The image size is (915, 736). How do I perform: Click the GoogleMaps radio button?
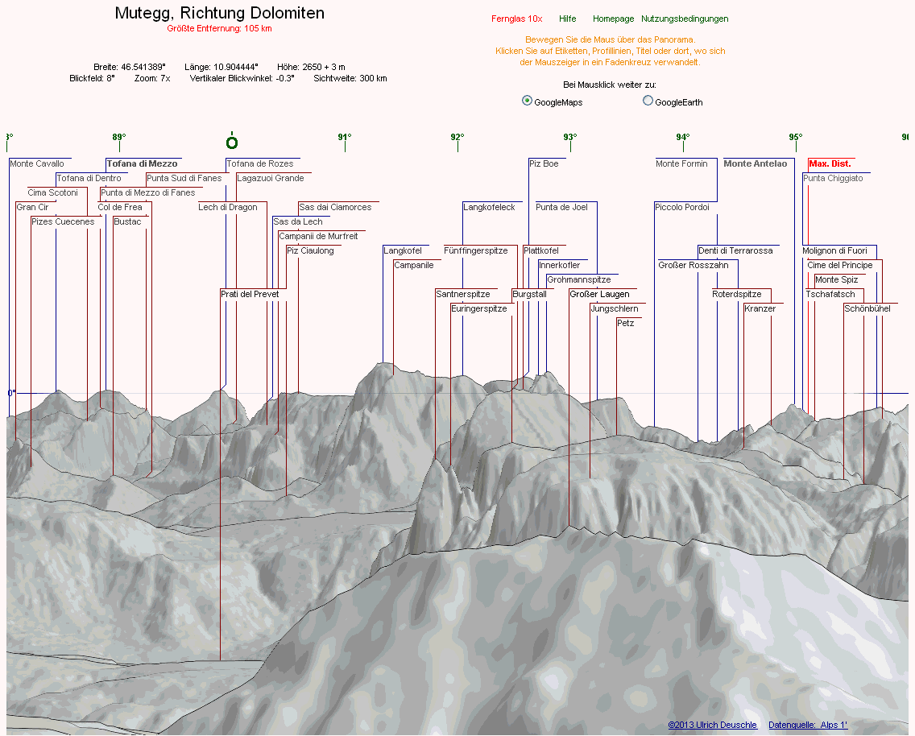pyautogui.click(x=527, y=101)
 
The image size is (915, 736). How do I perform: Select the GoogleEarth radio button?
pyautogui.click(x=648, y=101)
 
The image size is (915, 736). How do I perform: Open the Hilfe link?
pyautogui.click(x=567, y=19)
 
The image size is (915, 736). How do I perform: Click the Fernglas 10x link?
pyautogui.click(x=516, y=19)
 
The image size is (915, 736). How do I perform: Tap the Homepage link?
pyautogui.click(x=613, y=19)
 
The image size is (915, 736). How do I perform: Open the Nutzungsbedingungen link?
pyautogui.click(x=685, y=19)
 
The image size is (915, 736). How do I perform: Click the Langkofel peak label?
pyautogui.click(x=402, y=251)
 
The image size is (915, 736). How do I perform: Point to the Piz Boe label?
pyautogui.click(x=544, y=164)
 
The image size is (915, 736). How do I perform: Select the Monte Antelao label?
pyautogui.click(x=755, y=164)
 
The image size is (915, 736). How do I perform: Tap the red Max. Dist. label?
pyautogui.click(x=830, y=164)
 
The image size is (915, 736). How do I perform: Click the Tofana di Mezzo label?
pyautogui.click(x=142, y=164)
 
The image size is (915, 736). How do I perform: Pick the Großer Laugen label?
pyautogui.click(x=599, y=295)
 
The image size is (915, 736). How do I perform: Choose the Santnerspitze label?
pyautogui.click(x=462, y=295)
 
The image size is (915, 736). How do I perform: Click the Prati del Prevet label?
pyautogui.click(x=250, y=295)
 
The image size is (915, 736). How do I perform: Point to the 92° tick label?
pyautogui.click(x=457, y=137)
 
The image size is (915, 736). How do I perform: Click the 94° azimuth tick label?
pyautogui.click(x=683, y=137)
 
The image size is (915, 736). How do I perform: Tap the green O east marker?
pyautogui.click(x=232, y=143)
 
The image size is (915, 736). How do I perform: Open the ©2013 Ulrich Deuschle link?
pyautogui.click(x=712, y=726)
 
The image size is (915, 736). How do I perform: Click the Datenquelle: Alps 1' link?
pyautogui.click(x=807, y=726)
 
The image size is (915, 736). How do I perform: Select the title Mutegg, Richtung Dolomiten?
pyautogui.click(x=220, y=13)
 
